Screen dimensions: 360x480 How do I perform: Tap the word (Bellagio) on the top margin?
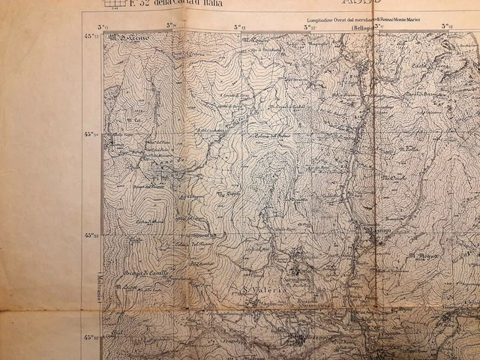[x=361, y=27]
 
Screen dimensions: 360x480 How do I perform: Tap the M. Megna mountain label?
[x=424, y=257]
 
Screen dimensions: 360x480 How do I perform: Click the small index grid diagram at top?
[x=114, y=3]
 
